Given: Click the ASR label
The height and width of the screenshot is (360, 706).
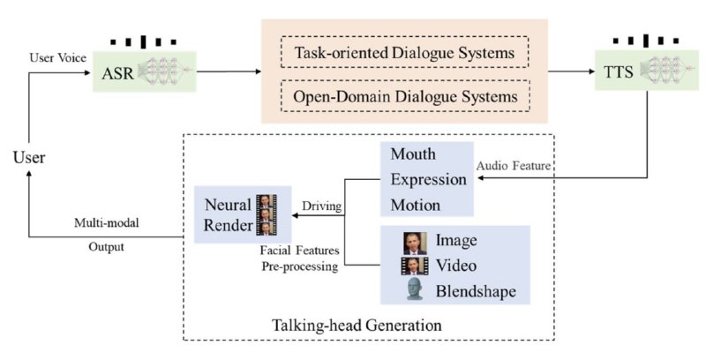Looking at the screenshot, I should coord(114,71).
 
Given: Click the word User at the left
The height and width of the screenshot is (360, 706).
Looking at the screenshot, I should coord(28,157).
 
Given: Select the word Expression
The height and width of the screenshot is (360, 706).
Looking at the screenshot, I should coord(428,179).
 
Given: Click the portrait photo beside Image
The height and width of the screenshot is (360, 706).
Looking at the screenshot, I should coord(414,243).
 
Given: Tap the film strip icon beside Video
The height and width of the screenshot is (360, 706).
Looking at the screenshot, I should coord(414,266).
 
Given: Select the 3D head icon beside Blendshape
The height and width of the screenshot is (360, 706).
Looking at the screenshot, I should coord(414,290).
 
